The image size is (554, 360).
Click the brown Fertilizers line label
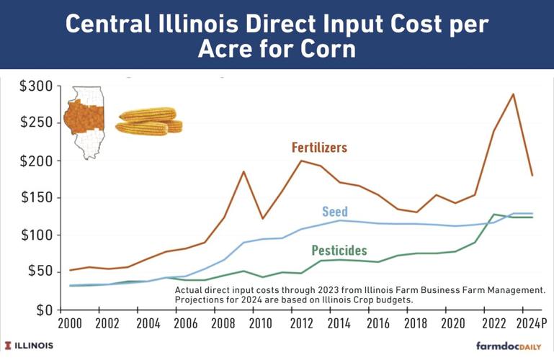tap(319, 148)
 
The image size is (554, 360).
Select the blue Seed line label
tap(335, 212)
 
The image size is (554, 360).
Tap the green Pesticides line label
tap(339, 251)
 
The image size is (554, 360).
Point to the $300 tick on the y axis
tap(35, 86)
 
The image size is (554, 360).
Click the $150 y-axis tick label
tap(35, 198)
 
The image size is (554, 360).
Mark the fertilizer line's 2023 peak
tap(513, 94)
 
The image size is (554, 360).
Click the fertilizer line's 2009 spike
tap(244, 171)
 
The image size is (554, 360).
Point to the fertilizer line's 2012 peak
tap(300, 161)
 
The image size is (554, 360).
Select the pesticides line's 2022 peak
tap(493, 214)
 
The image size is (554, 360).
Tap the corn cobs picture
tap(149, 122)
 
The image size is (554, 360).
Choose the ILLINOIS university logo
tap(29, 346)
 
